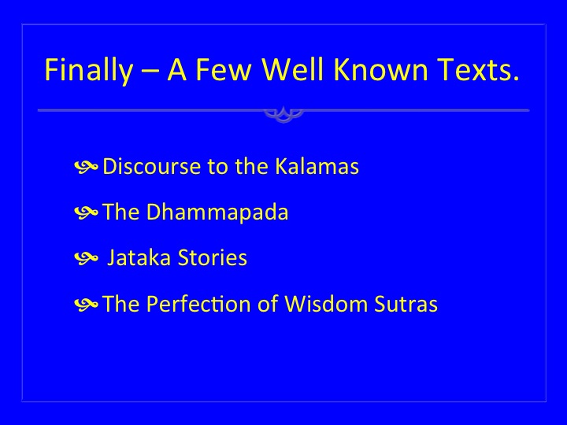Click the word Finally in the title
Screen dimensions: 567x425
click(x=88, y=70)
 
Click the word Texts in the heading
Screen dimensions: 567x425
click(x=478, y=69)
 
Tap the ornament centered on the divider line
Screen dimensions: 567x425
click(x=283, y=114)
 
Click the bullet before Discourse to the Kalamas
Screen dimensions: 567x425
click(x=86, y=167)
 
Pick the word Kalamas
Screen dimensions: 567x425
click(x=317, y=166)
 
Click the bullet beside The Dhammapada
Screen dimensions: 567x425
click(x=86, y=213)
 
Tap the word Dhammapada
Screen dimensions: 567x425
click(x=217, y=212)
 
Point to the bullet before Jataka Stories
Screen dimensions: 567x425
click(x=86, y=258)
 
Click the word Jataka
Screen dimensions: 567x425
click(x=139, y=257)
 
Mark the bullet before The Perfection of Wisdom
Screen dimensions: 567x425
click(x=86, y=304)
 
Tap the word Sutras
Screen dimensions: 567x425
click(x=406, y=304)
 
